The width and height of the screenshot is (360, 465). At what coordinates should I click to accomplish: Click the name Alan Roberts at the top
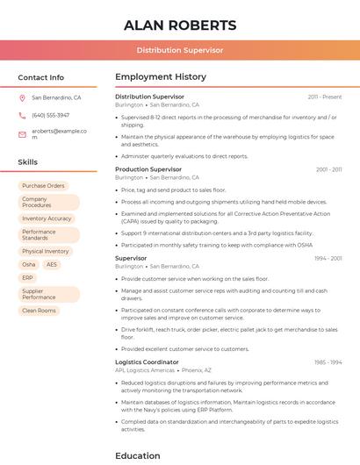point(180,25)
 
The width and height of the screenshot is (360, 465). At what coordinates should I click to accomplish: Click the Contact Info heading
point(40,77)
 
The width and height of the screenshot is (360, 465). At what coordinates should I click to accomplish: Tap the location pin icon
point(22,97)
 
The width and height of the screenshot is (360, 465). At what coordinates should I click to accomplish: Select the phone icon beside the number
point(22,115)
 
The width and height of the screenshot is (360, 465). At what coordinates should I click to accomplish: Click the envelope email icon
point(22,134)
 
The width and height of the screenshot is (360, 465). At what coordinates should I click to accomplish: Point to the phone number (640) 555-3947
point(50,115)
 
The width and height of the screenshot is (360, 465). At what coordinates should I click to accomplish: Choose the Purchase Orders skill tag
point(43,186)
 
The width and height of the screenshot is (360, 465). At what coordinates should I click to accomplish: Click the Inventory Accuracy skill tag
point(47,218)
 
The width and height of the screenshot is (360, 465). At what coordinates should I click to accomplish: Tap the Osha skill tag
point(29,264)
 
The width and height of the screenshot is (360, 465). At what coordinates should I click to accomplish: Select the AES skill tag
point(52,264)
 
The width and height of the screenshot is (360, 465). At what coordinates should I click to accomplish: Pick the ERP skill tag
point(28,277)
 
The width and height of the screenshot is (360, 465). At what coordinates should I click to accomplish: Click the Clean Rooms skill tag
point(39,311)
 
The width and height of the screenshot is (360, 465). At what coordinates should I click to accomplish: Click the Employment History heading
point(161,77)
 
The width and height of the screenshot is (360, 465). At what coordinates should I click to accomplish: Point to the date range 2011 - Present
point(325,97)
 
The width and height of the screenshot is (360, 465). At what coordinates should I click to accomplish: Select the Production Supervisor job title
point(148,169)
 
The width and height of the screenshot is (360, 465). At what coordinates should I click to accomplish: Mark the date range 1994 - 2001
point(328,259)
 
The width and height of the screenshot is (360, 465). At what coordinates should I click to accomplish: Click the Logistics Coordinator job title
point(147,362)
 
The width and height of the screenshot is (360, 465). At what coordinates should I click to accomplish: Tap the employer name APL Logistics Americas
point(145,370)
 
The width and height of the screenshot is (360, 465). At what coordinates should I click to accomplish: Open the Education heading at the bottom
point(138,455)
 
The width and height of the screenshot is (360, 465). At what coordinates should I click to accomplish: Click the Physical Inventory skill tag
point(46,251)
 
